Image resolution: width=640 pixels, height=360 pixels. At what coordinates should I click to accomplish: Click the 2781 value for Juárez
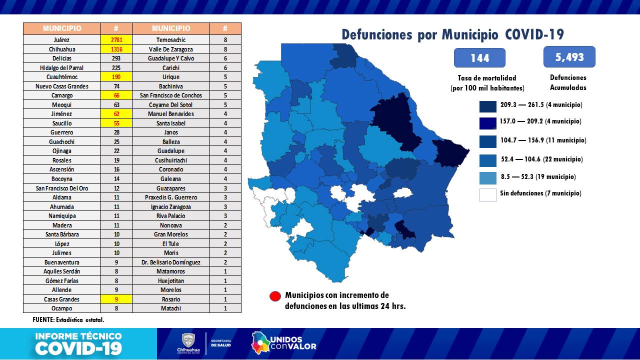tap(116, 40)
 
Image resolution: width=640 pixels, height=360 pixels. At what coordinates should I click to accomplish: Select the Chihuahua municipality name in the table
tap(61, 49)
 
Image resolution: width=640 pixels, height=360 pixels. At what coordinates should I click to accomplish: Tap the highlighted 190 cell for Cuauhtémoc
tap(116, 77)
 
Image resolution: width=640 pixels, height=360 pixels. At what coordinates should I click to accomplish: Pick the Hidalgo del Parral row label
tap(61, 67)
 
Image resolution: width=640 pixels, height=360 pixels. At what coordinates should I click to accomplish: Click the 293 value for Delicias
tap(116, 58)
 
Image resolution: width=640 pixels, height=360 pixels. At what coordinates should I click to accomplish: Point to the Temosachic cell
tap(171, 40)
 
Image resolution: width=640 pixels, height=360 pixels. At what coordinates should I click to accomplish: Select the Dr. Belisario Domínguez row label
tap(171, 262)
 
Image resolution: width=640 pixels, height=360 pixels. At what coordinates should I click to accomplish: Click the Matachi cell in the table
tap(171, 308)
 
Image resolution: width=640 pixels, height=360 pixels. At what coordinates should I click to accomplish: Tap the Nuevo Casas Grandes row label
tap(61, 86)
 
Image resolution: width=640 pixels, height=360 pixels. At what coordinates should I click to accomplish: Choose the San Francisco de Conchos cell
tap(171, 95)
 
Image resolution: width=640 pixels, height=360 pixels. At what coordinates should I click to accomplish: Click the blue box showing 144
tap(479, 58)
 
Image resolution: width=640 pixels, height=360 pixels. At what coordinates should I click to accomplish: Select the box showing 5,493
tap(569, 57)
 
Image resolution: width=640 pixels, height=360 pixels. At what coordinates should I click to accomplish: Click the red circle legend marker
tap(275, 296)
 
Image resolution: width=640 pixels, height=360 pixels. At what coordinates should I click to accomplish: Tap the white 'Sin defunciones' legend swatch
tap(488, 194)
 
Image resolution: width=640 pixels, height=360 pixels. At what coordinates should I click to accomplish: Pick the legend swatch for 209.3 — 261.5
tap(488, 105)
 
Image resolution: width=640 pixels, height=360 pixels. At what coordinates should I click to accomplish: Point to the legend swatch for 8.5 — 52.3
tap(488, 177)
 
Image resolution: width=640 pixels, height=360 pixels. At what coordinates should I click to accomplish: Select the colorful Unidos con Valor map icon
tap(260, 342)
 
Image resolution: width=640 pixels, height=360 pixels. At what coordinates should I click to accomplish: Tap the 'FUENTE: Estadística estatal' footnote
tap(65, 319)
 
